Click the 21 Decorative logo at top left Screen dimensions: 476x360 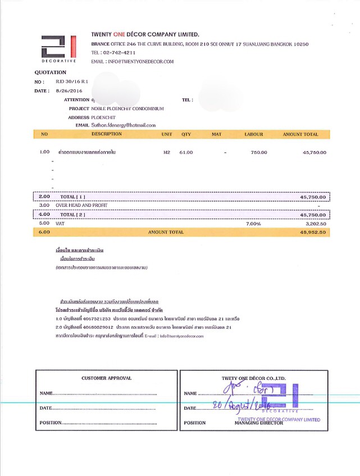click(x=58, y=48)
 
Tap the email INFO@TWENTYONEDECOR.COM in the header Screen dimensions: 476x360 click(x=140, y=61)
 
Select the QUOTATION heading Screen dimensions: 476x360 click(x=51, y=72)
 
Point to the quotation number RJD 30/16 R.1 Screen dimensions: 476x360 click(x=69, y=82)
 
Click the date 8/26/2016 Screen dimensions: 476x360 click(x=69, y=90)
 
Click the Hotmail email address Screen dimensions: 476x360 click(x=124, y=125)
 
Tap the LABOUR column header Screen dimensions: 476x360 click(x=254, y=134)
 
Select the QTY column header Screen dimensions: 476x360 click(x=186, y=134)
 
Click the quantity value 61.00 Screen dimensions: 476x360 click(x=186, y=152)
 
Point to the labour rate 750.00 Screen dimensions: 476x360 click(x=259, y=152)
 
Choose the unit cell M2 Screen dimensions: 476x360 click(x=166, y=152)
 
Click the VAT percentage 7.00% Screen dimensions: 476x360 click(x=254, y=224)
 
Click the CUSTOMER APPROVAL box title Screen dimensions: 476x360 click(x=106, y=378)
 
